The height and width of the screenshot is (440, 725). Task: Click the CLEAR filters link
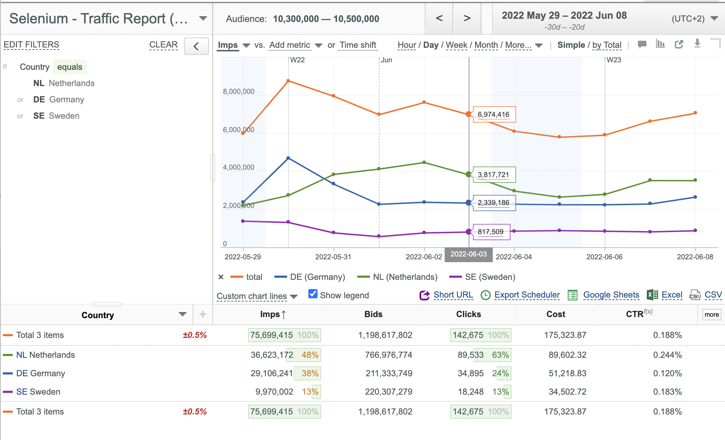click(x=163, y=45)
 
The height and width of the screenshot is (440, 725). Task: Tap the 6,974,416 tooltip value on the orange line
click(x=493, y=114)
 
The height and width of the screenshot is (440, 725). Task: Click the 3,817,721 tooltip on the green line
click(x=493, y=175)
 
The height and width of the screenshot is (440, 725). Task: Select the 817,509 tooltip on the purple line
click(x=491, y=232)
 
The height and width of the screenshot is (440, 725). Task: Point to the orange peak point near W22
click(x=288, y=81)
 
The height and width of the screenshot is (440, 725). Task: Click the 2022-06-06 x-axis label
click(x=604, y=257)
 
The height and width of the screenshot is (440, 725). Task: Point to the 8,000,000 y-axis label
click(x=239, y=91)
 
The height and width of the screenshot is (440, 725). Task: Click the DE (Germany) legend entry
click(x=309, y=277)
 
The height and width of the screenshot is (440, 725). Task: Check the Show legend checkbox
click(x=313, y=294)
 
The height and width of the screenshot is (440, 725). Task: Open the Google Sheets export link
click(x=611, y=295)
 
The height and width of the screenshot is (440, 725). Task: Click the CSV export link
click(x=713, y=295)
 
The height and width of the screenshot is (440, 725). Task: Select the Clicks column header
click(x=468, y=314)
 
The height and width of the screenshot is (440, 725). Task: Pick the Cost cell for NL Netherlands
click(x=567, y=355)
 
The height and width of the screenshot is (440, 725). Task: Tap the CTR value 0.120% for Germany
click(x=667, y=373)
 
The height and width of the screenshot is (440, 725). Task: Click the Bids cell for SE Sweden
click(x=389, y=392)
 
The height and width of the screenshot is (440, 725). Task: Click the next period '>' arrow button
click(x=467, y=18)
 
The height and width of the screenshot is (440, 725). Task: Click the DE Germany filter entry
click(x=59, y=100)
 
